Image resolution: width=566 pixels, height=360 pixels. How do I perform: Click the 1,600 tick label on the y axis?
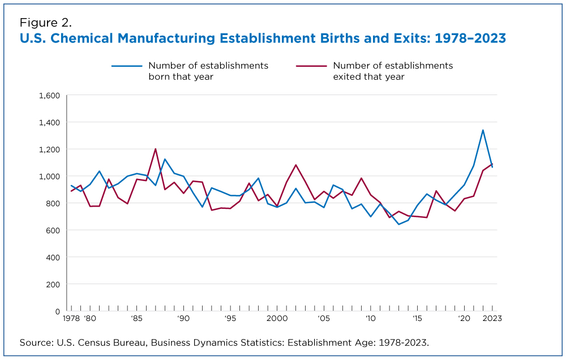(49, 95)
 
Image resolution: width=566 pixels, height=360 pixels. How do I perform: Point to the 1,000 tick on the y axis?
(49, 176)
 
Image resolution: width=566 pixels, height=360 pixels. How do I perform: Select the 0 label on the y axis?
(57, 311)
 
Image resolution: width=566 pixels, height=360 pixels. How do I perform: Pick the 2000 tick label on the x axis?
(277, 319)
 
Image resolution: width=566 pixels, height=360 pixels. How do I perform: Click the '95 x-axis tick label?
(230, 319)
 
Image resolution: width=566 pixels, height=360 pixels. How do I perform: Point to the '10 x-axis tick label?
(370, 319)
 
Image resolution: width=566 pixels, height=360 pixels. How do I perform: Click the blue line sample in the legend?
(126, 66)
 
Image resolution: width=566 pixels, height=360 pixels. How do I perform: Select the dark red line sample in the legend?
(311, 66)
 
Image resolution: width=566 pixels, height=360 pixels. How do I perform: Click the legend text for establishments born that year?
(208, 71)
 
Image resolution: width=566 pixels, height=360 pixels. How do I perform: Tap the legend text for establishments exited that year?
(393, 71)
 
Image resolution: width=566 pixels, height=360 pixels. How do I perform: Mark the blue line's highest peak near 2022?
(483, 130)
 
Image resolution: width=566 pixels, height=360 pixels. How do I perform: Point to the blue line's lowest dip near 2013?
(398, 224)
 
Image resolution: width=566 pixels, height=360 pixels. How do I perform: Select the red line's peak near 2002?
(295, 165)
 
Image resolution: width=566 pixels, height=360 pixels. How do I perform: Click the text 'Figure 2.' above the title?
(45, 23)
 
